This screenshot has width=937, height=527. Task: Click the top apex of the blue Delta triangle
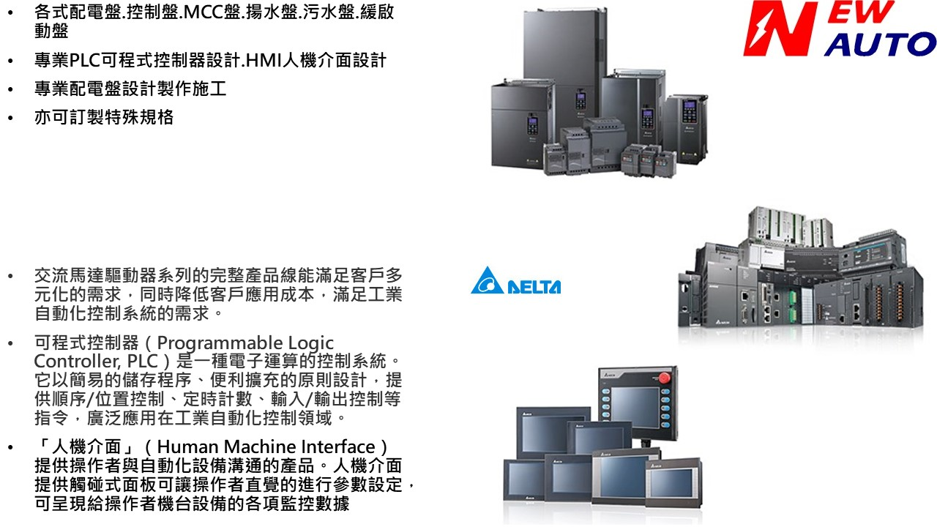(x=487, y=266)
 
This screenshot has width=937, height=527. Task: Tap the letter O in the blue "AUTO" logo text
(x=919, y=45)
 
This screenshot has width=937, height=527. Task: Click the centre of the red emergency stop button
(x=664, y=378)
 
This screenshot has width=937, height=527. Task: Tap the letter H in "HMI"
(x=253, y=61)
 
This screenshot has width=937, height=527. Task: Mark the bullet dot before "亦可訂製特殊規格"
(x=10, y=118)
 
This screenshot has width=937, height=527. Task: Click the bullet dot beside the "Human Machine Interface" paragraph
(x=10, y=447)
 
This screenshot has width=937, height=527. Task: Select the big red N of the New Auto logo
(x=780, y=29)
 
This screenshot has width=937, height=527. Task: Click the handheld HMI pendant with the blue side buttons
(x=638, y=403)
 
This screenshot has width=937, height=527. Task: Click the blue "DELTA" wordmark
(x=534, y=287)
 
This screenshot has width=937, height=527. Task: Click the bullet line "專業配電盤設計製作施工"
(x=130, y=89)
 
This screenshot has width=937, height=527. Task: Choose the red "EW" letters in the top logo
(x=860, y=12)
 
